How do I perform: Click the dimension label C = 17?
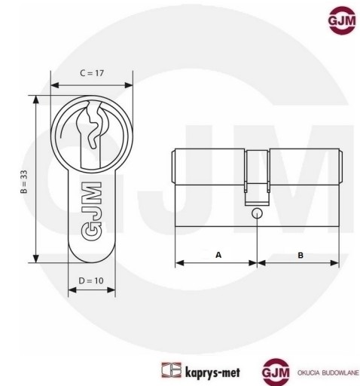[x=92, y=73]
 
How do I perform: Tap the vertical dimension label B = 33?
[x=23, y=182]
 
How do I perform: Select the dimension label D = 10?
[x=91, y=280]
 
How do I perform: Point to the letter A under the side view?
[x=218, y=255]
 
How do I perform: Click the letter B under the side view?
[x=301, y=256]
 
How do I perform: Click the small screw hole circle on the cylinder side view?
[x=257, y=213]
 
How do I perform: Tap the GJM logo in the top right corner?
[x=342, y=20]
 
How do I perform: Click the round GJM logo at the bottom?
[x=276, y=372]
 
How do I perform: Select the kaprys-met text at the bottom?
[x=212, y=372]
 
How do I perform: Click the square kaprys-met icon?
[x=171, y=370]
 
